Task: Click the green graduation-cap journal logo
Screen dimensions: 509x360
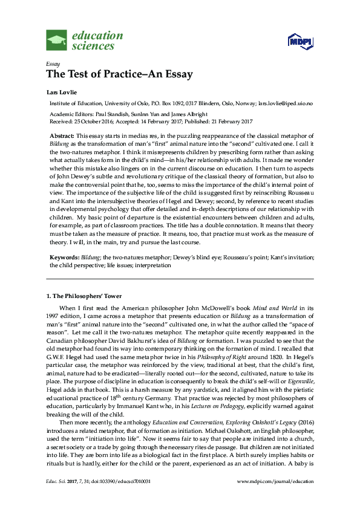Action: click(x=57, y=41)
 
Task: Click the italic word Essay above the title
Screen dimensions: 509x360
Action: click(x=52, y=64)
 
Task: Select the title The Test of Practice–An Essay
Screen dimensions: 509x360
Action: click(x=119, y=75)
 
